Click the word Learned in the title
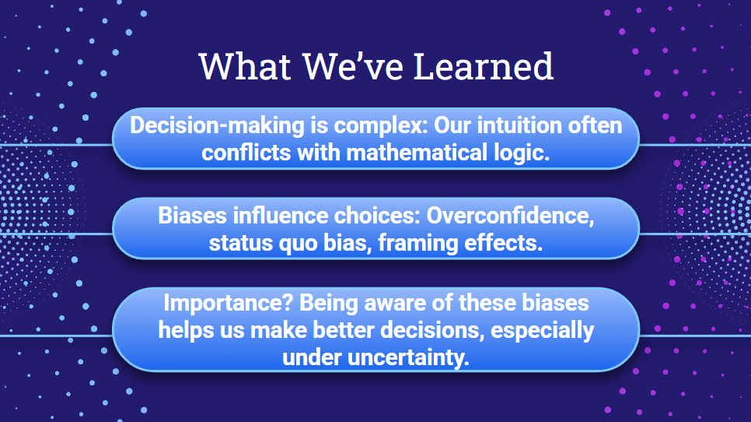[x=484, y=66]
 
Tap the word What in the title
[x=245, y=66]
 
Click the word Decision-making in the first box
[x=217, y=126]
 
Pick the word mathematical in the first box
[x=417, y=153]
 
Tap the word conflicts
[x=246, y=153]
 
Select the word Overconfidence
[x=510, y=216]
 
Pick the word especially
[x=542, y=331]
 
